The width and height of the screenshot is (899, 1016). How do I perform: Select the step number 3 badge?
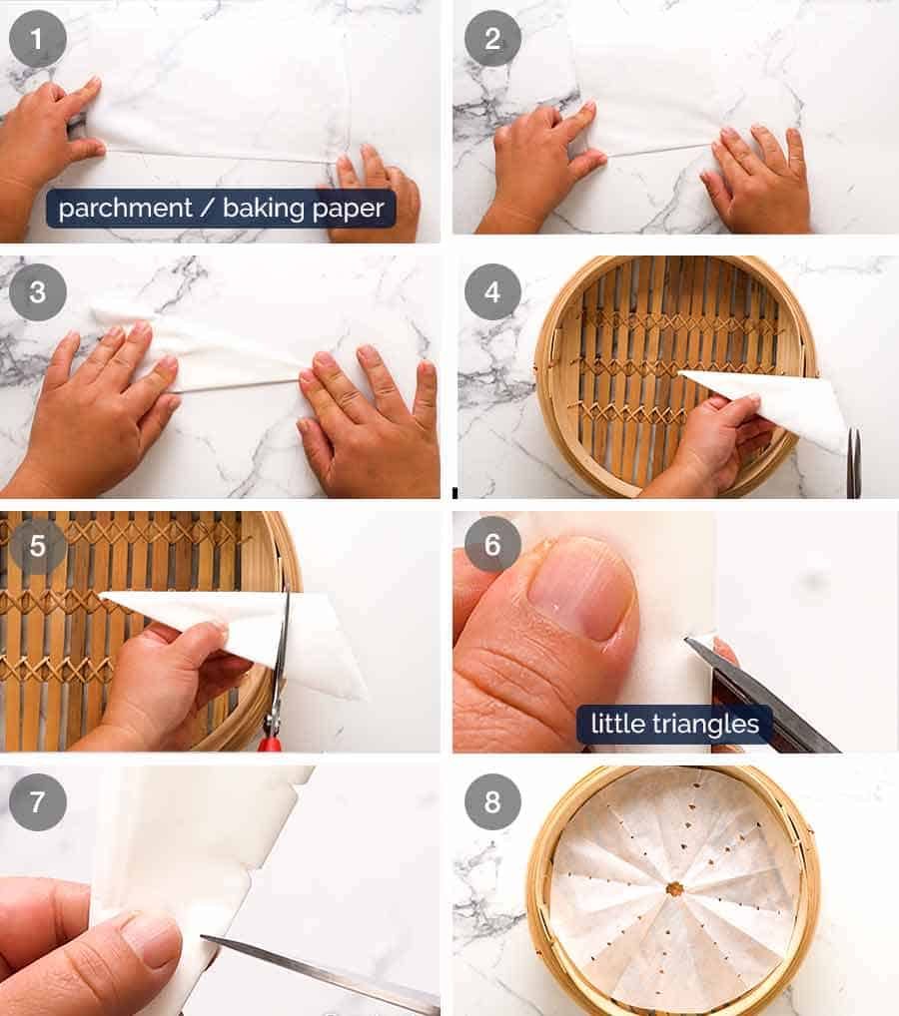click(38, 291)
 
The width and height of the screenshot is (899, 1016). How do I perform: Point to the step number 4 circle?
click(492, 291)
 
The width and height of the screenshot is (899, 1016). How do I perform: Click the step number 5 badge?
click(38, 546)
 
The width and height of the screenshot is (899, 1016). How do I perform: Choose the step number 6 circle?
click(492, 544)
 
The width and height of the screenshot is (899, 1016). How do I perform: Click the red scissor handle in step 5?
click(270, 743)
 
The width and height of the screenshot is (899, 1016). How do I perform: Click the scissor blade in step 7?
click(320, 973)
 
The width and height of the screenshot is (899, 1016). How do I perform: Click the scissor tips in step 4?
click(853, 464)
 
